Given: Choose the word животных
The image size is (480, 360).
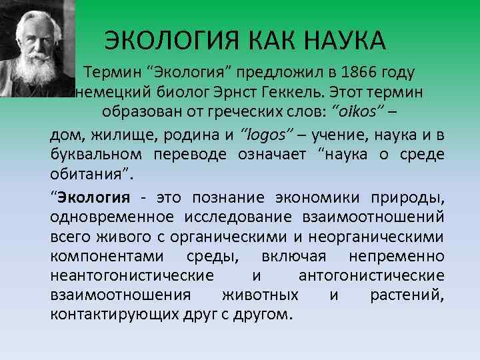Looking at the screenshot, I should (253, 295).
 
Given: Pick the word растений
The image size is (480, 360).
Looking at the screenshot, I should (407, 295).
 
